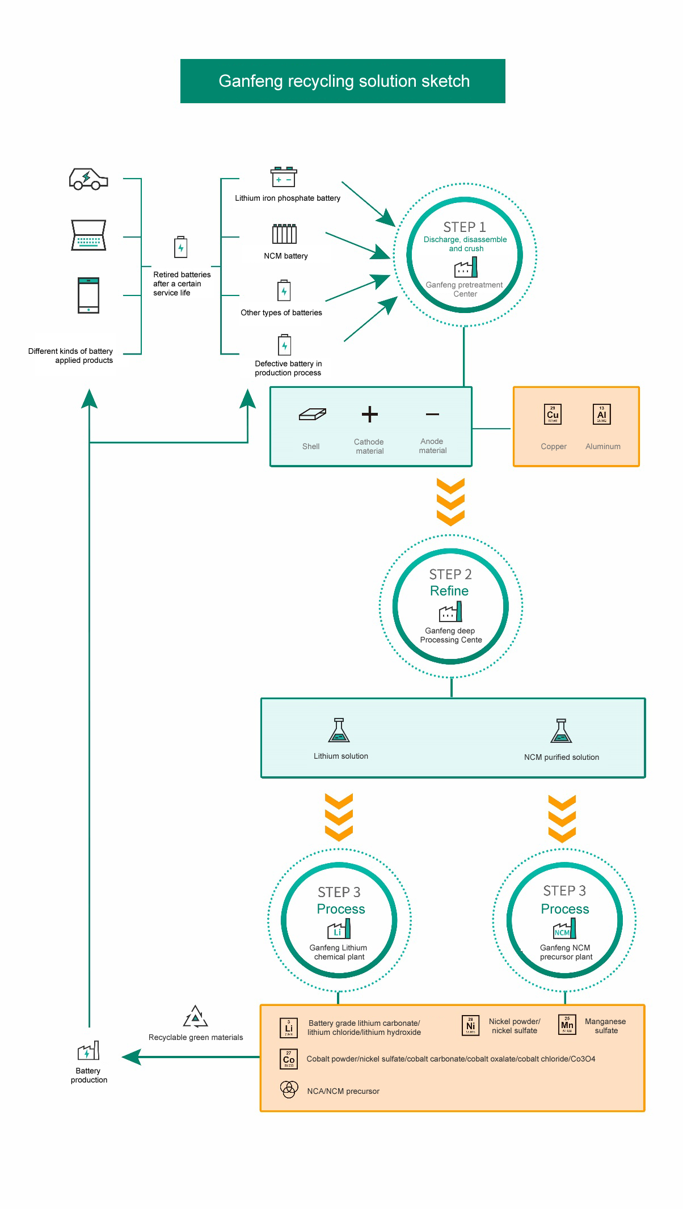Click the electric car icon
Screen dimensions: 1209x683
coord(88,179)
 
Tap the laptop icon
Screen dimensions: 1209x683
coord(88,235)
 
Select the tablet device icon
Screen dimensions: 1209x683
coord(88,295)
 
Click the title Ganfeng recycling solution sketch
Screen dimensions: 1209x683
coord(344,81)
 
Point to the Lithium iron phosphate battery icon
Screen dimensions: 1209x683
coord(284,177)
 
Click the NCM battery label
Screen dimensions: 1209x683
coord(286,256)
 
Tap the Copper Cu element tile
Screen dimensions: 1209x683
coord(553,414)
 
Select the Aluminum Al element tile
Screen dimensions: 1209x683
coord(601,414)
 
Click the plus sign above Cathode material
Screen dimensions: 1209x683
coord(370,415)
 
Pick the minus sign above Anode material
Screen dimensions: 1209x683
coord(432,415)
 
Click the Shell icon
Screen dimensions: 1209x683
coord(313,415)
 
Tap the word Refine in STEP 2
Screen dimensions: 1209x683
coord(449,591)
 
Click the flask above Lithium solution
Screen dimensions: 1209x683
coord(339,730)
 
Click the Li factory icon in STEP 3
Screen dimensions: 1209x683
coord(339,929)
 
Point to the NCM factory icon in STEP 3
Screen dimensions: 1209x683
coord(564,929)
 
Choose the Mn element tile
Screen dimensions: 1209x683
coord(567,1025)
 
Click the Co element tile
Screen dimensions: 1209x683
coord(289,1059)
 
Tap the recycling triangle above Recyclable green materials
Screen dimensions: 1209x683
coord(196,1017)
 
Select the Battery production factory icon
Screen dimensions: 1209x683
coord(88,1051)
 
